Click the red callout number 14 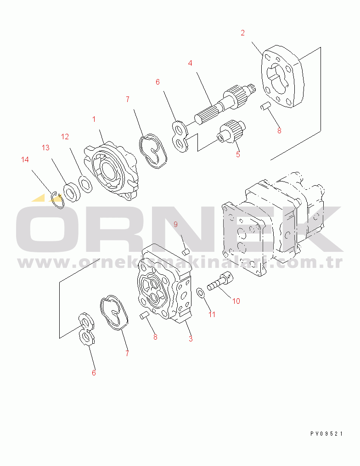[25, 159]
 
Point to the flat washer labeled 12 [85, 184]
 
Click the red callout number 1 [94, 119]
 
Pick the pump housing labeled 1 [112, 172]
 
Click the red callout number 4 [190, 63]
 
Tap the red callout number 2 [242, 33]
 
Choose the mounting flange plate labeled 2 [282, 76]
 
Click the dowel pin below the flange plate [264, 106]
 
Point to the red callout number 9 [175, 224]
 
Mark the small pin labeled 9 [186, 252]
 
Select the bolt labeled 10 [220, 282]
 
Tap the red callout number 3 [191, 339]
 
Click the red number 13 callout [45, 148]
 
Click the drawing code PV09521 [326, 434]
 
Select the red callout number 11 [212, 314]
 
